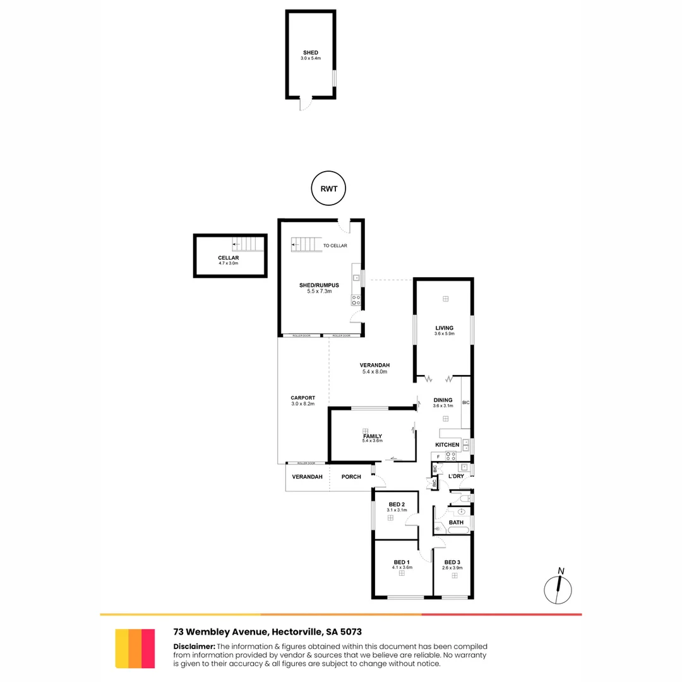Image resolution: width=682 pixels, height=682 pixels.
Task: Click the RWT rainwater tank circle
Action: [x=330, y=188]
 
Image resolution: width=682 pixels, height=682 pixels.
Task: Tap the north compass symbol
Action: [x=558, y=588]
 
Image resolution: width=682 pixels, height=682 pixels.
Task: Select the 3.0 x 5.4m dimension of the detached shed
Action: [x=311, y=59]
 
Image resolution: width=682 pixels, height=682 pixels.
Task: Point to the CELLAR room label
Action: [x=229, y=258]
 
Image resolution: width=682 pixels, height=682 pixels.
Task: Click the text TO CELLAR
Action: [x=335, y=246]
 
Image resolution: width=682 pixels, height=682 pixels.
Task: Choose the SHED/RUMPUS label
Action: [x=319, y=285]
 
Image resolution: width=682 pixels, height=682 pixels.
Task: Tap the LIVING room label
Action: [x=444, y=328]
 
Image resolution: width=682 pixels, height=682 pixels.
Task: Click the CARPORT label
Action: [x=302, y=398]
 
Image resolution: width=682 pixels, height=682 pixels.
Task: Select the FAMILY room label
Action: [x=372, y=436]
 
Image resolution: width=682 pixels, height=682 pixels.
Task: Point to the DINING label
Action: [x=443, y=400]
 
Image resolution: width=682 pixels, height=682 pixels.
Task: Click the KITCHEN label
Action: [x=447, y=445]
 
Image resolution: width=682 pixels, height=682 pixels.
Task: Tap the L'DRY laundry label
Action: [x=456, y=476]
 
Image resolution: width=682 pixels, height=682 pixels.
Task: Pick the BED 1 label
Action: [x=402, y=562]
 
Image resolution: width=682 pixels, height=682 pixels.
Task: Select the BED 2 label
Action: [x=397, y=504]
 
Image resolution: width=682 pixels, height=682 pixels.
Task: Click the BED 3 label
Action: [x=453, y=562]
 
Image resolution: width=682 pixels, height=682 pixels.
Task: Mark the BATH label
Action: [x=456, y=522]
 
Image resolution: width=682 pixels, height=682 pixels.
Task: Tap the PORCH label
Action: [x=351, y=477]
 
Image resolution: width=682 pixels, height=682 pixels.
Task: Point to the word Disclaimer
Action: [x=194, y=646]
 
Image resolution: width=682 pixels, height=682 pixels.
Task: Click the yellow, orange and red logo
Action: [x=135, y=649]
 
